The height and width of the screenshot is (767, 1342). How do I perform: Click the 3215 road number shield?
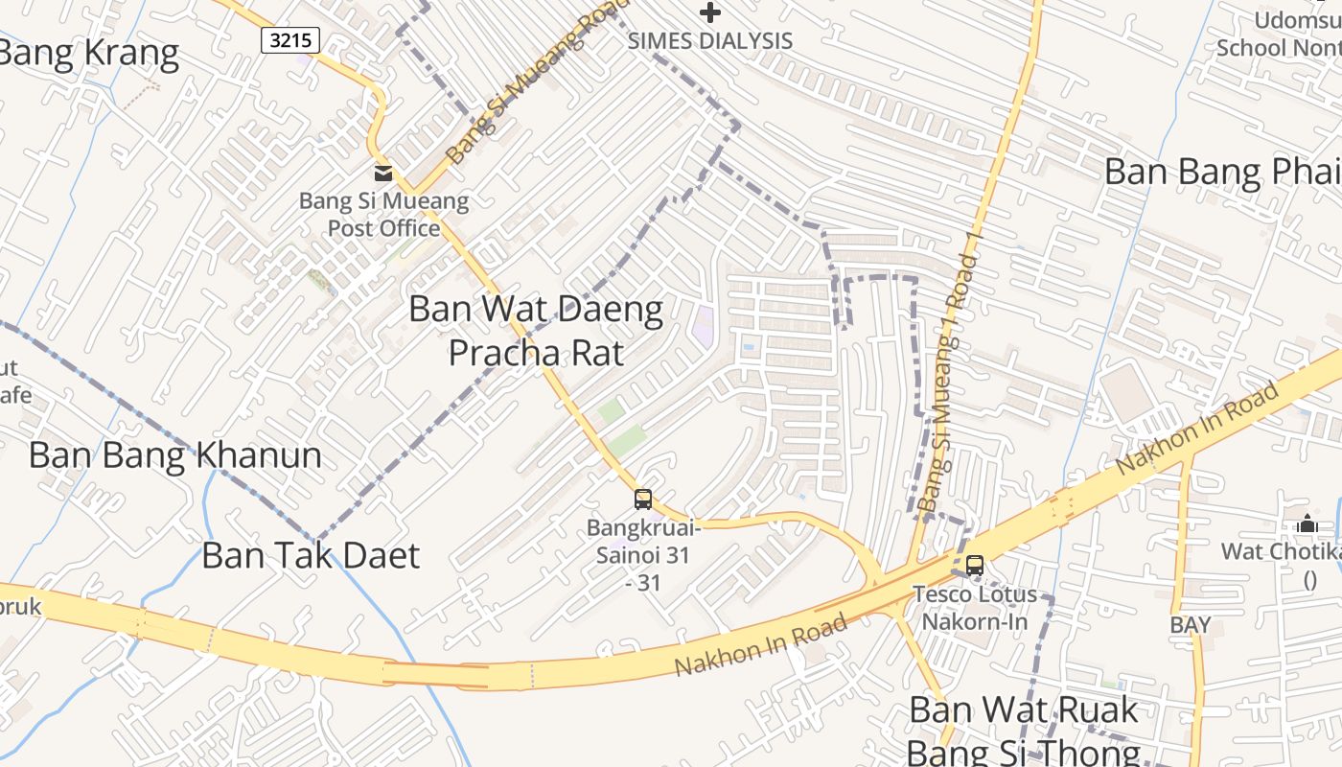coord(289,39)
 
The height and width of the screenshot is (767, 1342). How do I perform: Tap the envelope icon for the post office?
coord(382,174)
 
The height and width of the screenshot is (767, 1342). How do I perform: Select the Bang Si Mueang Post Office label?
coord(383,215)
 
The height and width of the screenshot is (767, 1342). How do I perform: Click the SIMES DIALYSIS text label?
coord(709,40)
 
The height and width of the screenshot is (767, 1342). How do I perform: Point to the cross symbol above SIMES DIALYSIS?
coord(709,12)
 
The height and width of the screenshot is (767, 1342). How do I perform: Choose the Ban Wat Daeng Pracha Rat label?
coord(536,331)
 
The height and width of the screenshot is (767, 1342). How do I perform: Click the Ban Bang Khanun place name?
coord(175,454)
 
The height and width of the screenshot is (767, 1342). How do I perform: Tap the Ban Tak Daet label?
coord(311,555)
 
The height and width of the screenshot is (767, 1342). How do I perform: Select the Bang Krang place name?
coord(88,54)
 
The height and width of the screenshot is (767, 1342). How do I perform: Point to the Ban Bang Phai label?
coord(1222,173)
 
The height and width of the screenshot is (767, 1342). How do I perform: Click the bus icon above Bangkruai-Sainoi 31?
coord(642,500)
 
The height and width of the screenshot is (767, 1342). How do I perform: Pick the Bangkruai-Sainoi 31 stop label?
coord(643,554)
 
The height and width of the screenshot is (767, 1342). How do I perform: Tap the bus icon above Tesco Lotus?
coord(974,566)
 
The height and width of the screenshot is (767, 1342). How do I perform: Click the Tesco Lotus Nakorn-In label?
coord(974,607)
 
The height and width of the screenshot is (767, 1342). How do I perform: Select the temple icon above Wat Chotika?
coord(1307,524)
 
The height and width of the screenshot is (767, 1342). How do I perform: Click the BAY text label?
coord(1190,625)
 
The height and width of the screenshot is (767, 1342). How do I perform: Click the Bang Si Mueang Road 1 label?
coord(948,383)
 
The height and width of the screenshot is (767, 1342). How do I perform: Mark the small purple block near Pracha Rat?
coord(704,327)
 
